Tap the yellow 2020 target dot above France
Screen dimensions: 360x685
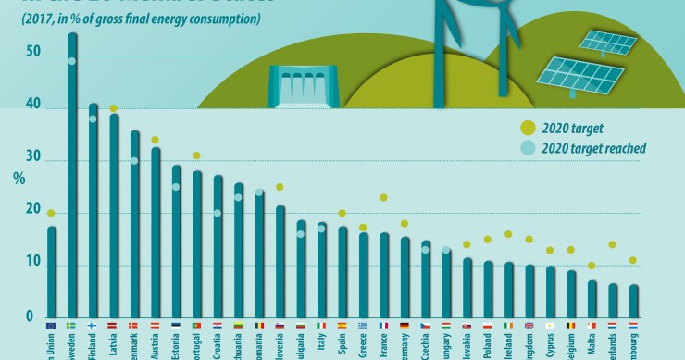383,197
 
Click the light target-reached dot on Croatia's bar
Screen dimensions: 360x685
218,214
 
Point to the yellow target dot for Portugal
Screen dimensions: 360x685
196,155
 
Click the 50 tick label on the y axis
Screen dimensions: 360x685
33,54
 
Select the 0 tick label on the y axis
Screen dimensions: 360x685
29,317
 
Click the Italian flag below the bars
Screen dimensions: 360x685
321,326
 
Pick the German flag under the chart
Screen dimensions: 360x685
405,326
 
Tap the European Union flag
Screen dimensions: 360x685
51,326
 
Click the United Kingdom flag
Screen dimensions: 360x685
529,326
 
